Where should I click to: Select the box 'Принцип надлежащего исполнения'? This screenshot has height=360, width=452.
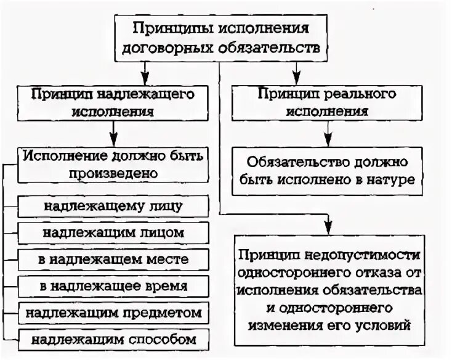click(x=113, y=103)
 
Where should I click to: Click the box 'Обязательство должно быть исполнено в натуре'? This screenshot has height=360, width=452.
click(x=327, y=170)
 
